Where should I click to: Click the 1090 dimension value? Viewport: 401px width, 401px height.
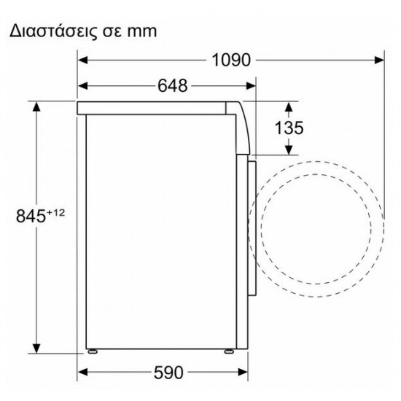coord(231,60)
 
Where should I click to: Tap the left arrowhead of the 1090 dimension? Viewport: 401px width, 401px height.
coord(82,60)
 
